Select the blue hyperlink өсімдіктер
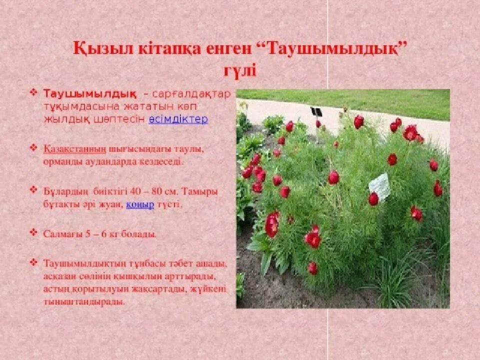(x=178, y=119)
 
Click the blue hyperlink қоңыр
(x=139, y=205)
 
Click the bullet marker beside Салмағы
(x=33, y=233)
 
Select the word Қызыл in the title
(x=96, y=49)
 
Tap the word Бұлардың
(x=65, y=192)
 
